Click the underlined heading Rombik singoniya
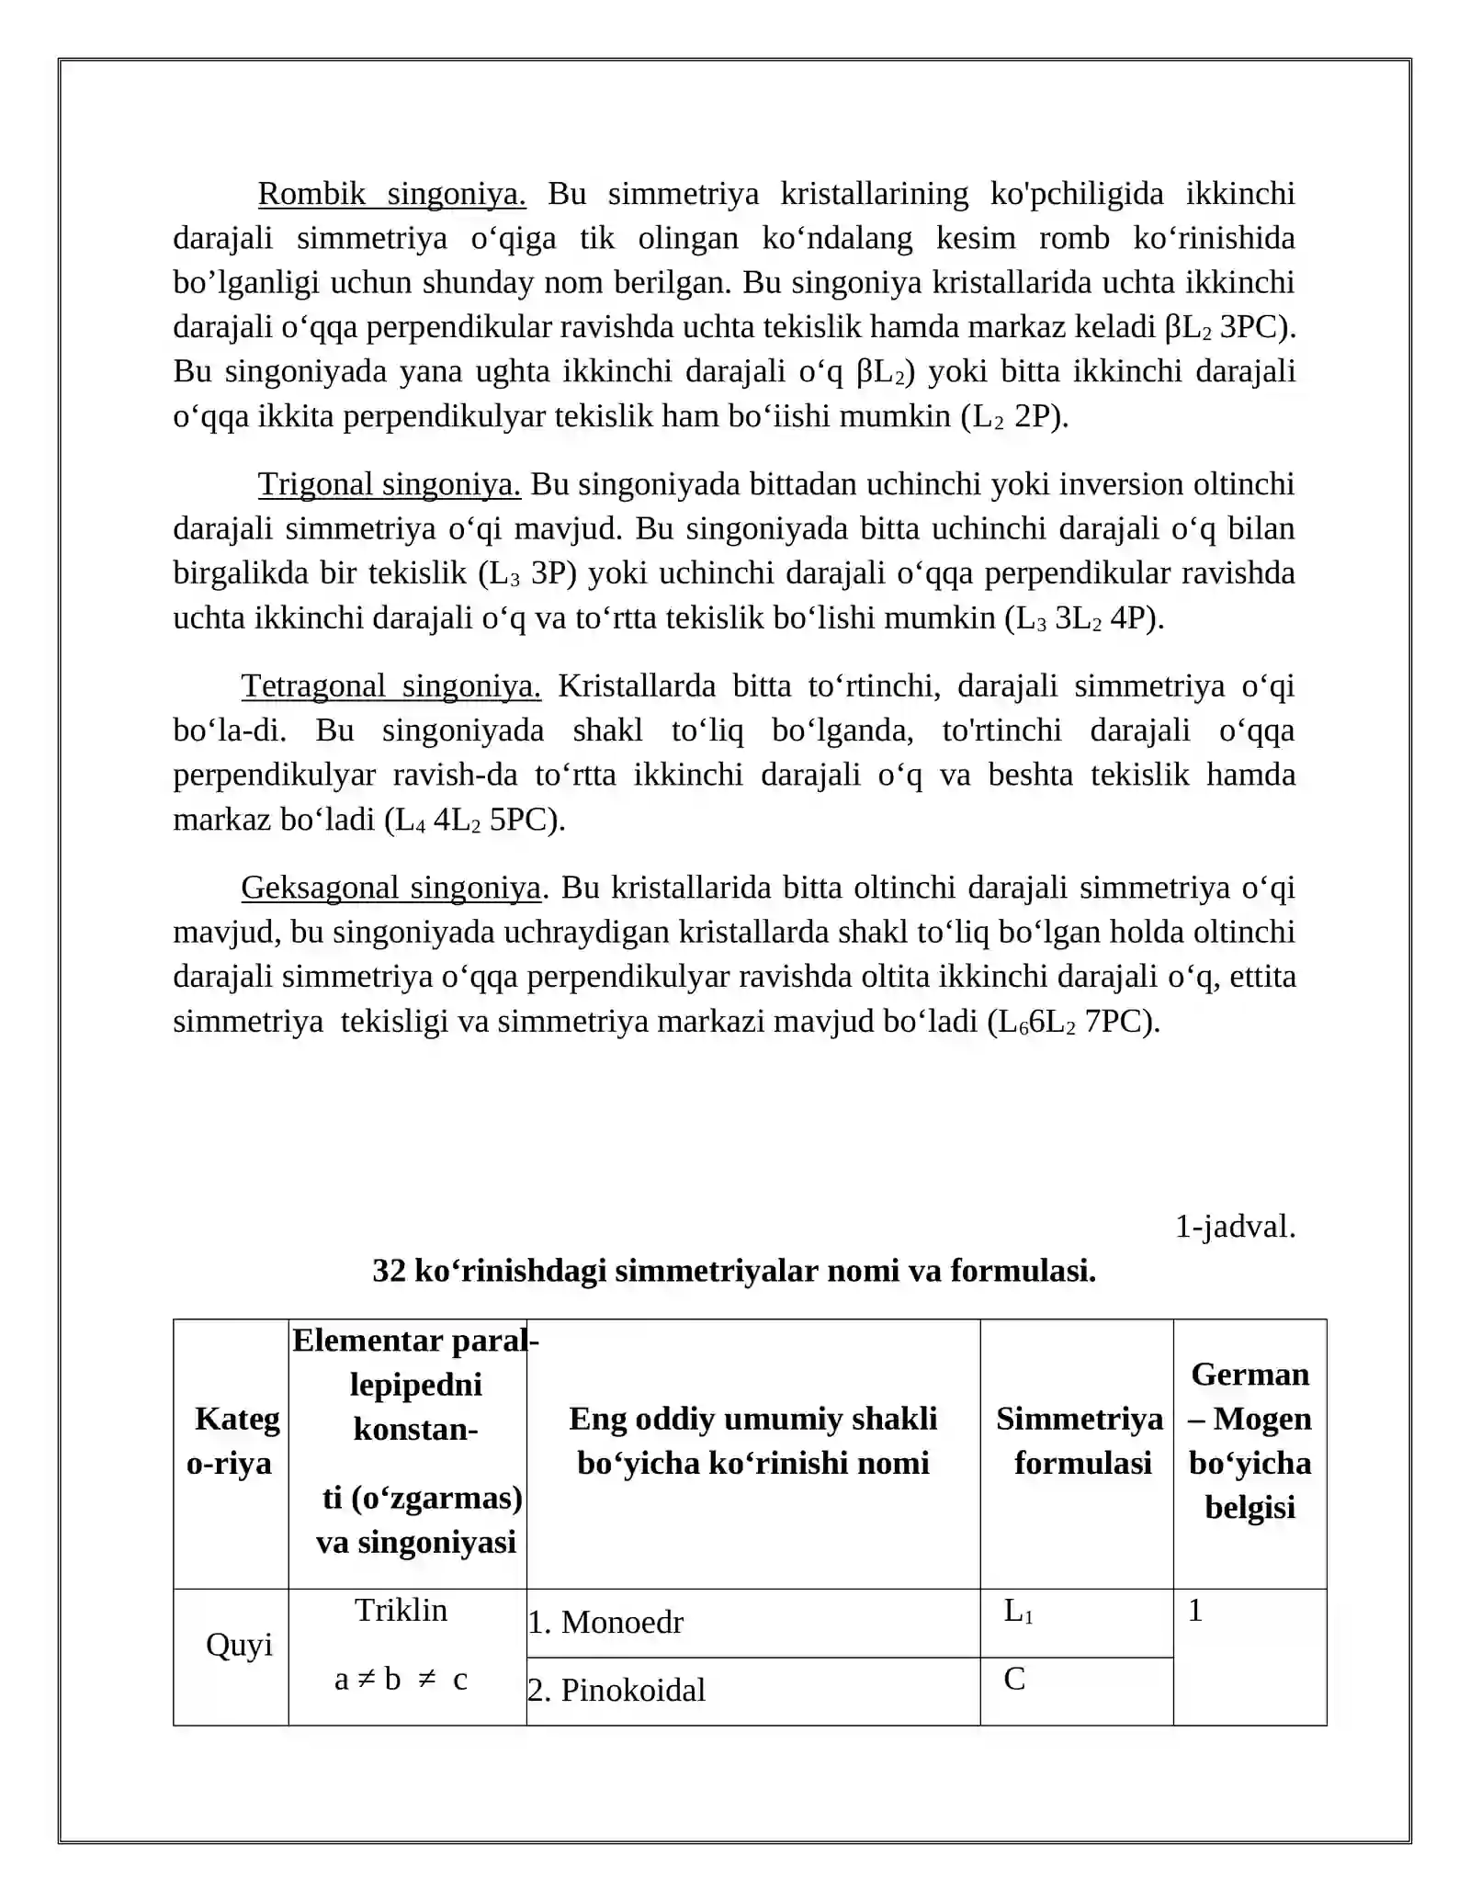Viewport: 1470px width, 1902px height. click(391, 194)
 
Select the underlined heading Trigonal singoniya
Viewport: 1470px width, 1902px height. click(389, 484)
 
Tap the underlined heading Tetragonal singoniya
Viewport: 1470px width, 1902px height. click(390, 685)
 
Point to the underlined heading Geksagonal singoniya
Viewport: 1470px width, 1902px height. click(390, 888)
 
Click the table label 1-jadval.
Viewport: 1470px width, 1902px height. click(1235, 1227)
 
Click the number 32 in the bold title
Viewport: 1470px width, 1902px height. click(389, 1272)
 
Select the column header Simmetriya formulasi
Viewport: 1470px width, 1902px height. click(1080, 1441)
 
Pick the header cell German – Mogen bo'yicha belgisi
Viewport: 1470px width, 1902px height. click(1249, 1441)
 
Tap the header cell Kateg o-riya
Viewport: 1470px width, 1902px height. click(232, 1441)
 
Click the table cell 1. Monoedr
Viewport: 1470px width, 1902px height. click(605, 1623)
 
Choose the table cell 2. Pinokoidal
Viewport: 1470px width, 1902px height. click(616, 1691)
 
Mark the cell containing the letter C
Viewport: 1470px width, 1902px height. click(1014, 1680)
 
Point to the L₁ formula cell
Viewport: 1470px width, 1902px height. click(1018, 1612)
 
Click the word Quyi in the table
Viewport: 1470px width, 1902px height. click(239, 1645)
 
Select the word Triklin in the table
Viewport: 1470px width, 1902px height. click(401, 1611)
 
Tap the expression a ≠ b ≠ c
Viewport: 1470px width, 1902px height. click(401, 1680)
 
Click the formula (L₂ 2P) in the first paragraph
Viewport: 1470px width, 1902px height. click(1014, 417)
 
